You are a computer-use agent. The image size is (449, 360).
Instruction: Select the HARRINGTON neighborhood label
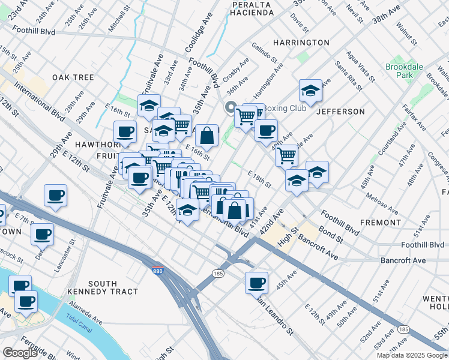click(301, 43)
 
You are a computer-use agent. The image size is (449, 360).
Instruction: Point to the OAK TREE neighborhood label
click(73, 77)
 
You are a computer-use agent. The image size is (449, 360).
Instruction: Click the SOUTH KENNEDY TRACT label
click(113, 287)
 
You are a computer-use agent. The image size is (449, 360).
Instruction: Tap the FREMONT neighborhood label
click(381, 222)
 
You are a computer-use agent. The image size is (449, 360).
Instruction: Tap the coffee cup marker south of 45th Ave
click(256, 282)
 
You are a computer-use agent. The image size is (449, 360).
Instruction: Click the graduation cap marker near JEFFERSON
click(310, 91)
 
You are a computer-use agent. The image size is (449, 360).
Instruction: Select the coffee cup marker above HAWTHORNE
click(125, 131)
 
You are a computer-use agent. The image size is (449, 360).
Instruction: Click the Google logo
click(20, 353)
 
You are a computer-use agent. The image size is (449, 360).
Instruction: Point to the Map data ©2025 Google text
click(412, 355)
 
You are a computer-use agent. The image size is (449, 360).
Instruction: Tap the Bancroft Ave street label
click(403, 260)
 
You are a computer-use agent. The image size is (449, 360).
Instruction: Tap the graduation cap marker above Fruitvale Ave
click(149, 106)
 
